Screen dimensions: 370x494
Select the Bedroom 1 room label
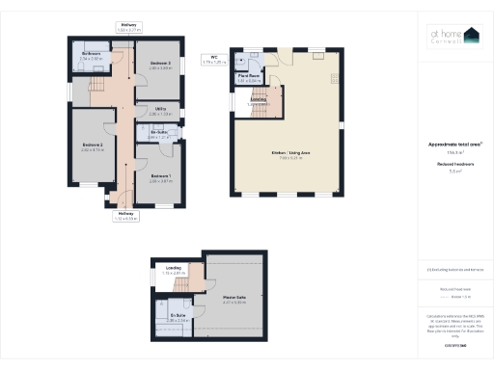161,176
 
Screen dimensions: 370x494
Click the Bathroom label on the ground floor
92,55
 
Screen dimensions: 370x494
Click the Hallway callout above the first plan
127,27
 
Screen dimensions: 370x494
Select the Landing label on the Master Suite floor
174,270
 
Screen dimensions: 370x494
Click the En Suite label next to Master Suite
178,317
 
